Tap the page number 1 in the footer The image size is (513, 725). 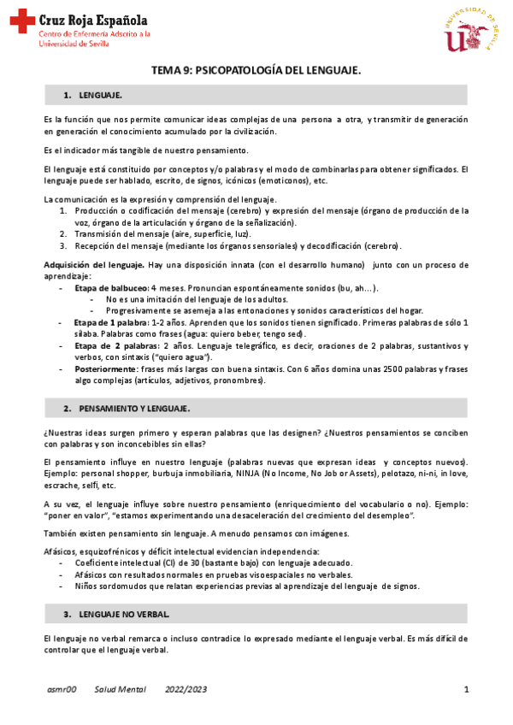467,689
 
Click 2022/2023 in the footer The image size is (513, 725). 186,689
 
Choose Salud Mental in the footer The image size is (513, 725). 121,689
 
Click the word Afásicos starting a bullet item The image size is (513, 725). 94,575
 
